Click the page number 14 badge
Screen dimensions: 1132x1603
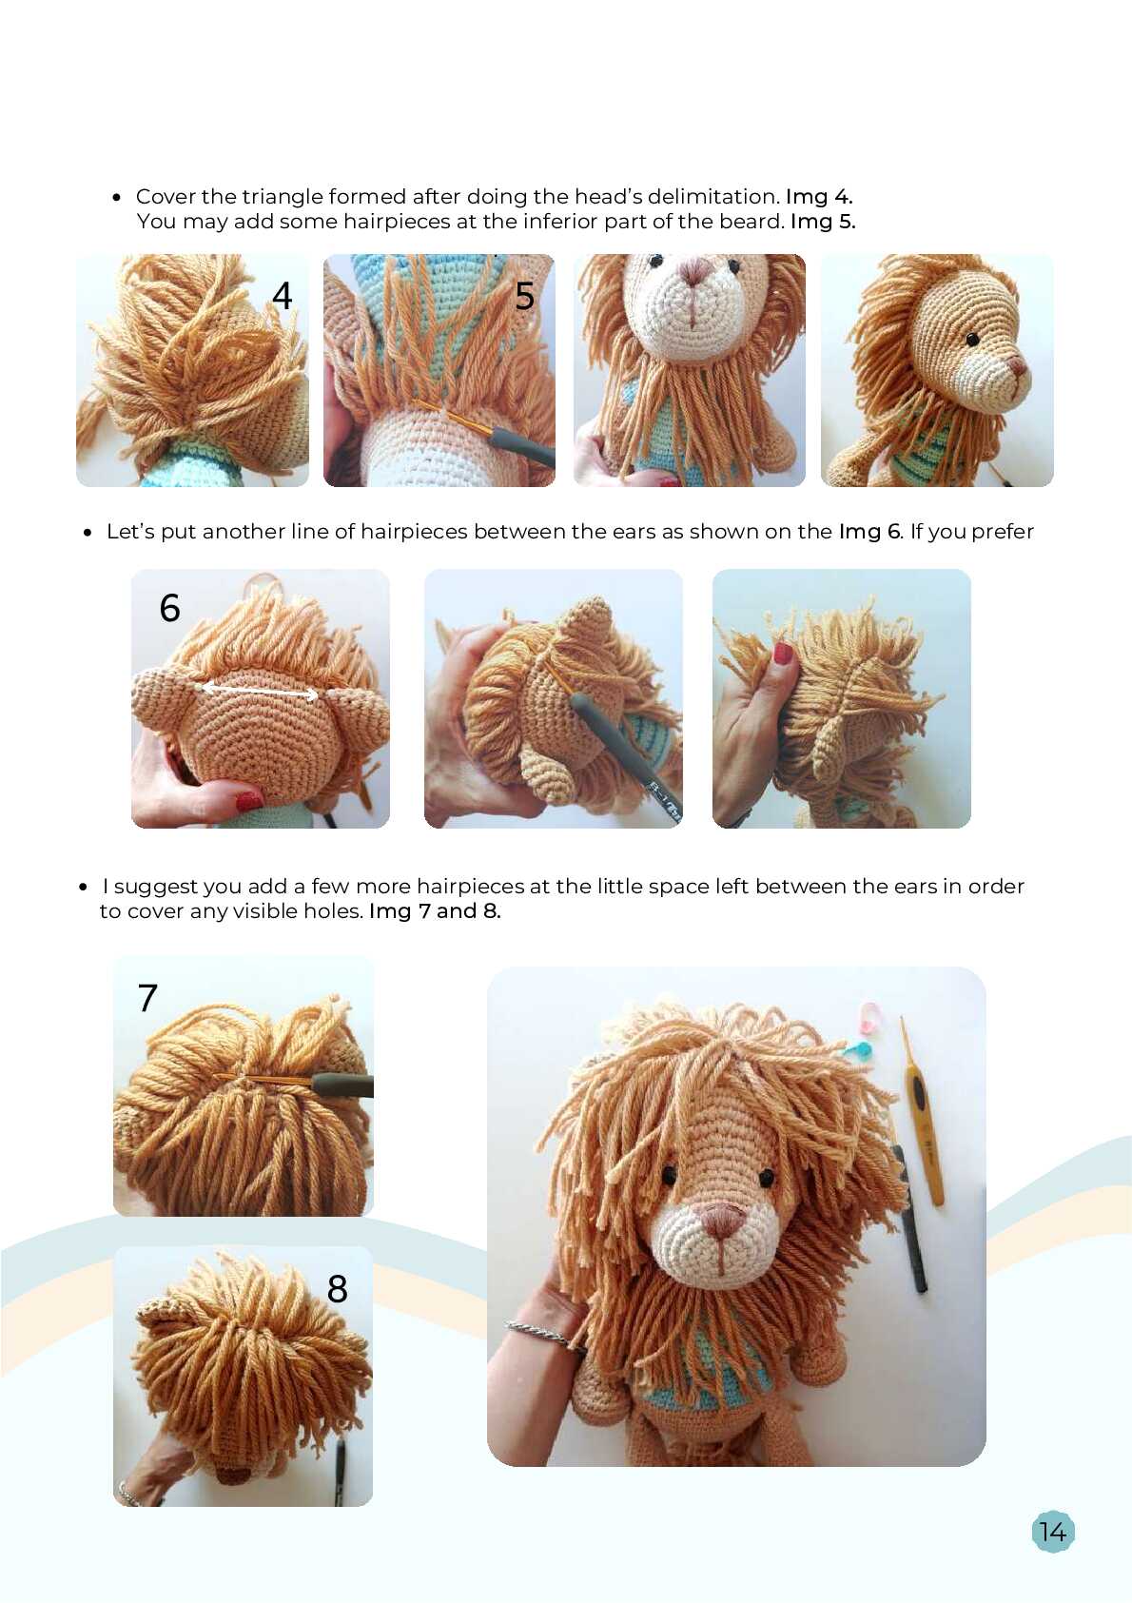coord(1053,1532)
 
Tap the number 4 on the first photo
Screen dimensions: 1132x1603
coord(282,295)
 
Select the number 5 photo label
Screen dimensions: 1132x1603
coord(524,295)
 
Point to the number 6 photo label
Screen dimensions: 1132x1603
coord(169,608)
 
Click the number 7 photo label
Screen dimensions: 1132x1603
coord(147,998)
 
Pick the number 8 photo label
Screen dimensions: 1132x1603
coord(337,1289)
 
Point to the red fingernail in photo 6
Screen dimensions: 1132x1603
coord(249,801)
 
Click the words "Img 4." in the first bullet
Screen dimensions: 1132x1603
coord(819,196)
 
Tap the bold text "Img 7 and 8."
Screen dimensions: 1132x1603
coord(435,911)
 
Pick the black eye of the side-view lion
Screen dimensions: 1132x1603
coord(972,340)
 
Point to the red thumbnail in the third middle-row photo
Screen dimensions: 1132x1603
coord(782,653)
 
